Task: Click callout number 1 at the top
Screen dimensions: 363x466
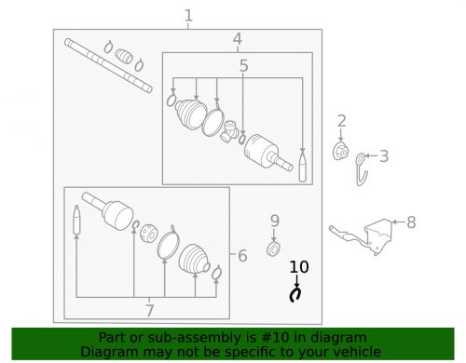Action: click(x=188, y=15)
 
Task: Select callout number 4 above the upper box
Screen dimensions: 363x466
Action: click(x=238, y=39)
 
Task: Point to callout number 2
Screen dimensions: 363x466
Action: click(x=342, y=120)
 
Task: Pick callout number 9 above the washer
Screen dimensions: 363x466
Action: click(x=274, y=221)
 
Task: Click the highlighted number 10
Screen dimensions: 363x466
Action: click(x=298, y=267)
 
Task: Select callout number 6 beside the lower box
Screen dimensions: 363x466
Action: click(x=242, y=255)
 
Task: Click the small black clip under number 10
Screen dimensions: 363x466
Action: click(x=296, y=295)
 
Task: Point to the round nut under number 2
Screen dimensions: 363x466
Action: click(x=341, y=151)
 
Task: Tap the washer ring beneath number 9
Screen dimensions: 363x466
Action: click(x=274, y=249)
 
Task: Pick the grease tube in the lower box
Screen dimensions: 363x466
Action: click(x=77, y=223)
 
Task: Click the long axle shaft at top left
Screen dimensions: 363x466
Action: click(x=107, y=64)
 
